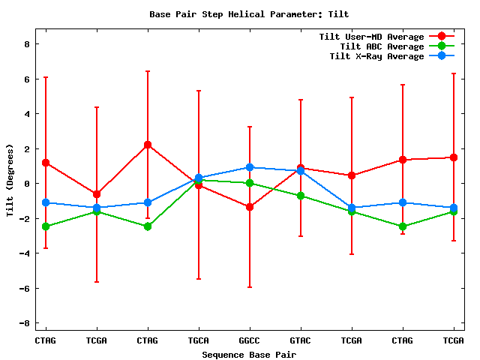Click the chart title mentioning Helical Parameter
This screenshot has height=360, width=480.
click(x=249, y=14)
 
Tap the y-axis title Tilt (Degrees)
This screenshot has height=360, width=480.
click(x=10, y=181)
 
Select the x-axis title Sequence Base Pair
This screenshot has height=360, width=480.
click(x=249, y=354)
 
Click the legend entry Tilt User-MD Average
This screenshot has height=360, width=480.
click(x=371, y=37)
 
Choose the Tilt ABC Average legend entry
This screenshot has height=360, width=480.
click(x=376, y=46)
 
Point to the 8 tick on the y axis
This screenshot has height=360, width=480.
click(x=26, y=44)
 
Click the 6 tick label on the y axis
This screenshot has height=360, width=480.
click(x=26, y=79)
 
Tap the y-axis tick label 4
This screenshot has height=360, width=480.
click(x=26, y=114)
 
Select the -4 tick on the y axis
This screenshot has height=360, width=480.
click(x=24, y=253)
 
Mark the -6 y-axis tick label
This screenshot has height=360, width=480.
click(x=24, y=288)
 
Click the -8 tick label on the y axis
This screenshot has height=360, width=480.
click(x=24, y=323)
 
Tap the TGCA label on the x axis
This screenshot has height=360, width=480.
click(x=198, y=340)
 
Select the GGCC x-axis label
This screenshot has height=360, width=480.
click(x=249, y=340)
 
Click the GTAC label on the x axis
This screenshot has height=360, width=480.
click(x=300, y=340)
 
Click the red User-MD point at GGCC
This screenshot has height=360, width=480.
click(x=249, y=207)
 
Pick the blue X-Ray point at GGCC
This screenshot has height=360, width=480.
click(x=249, y=167)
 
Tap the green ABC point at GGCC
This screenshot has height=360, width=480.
click(x=249, y=183)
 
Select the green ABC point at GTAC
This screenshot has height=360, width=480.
click(x=300, y=196)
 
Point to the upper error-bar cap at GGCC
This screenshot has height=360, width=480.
click(x=249, y=127)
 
